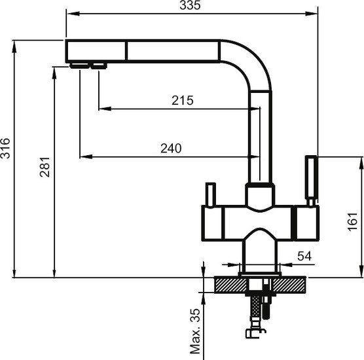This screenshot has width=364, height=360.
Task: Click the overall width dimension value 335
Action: (x=190, y=6)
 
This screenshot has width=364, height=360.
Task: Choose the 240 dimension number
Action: (x=170, y=149)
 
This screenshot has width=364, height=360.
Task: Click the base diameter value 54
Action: (x=304, y=256)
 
